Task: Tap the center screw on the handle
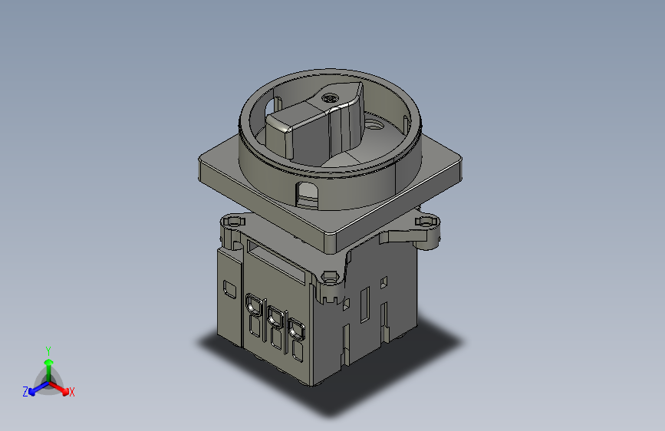click(x=331, y=99)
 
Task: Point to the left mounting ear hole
click(x=229, y=222)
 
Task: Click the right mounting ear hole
click(x=426, y=222)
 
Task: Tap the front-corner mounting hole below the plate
click(x=331, y=276)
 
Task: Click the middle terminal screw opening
click(x=273, y=314)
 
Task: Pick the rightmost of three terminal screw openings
click(x=294, y=328)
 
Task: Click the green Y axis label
click(x=48, y=350)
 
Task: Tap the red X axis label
click(x=72, y=392)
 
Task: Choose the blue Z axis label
click(x=25, y=391)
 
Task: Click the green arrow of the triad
click(x=48, y=364)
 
